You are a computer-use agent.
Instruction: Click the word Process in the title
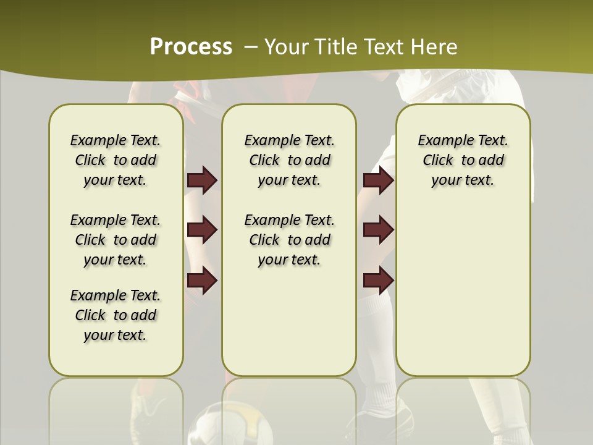(191, 47)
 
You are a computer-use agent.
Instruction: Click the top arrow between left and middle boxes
(202, 180)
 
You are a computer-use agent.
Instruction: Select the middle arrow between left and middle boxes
(202, 230)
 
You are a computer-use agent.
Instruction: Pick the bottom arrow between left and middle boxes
(202, 281)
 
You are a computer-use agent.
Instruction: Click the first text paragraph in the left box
(116, 160)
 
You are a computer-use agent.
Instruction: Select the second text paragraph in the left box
(116, 240)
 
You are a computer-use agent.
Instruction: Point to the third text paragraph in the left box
(116, 315)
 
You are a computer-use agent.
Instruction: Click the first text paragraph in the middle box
(289, 160)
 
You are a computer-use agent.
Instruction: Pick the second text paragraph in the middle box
(289, 240)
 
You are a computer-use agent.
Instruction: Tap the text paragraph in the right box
(463, 160)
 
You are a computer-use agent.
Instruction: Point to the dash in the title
(251, 47)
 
